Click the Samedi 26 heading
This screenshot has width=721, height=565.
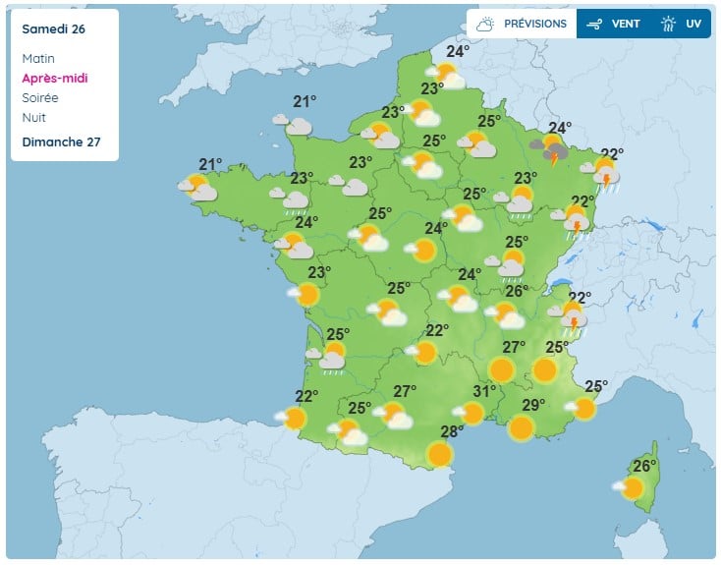tap(53, 28)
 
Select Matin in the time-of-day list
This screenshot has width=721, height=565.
tap(38, 59)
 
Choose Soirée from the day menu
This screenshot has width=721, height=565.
tap(40, 97)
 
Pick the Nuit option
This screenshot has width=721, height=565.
tap(33, 117)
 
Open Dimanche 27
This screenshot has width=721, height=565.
tap(61, 141)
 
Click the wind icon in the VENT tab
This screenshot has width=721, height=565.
tap(595, 24)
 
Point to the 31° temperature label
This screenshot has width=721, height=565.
tap(484, 391)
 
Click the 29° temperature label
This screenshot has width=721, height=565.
tap(533, 405)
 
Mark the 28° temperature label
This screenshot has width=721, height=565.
tap(452, 431)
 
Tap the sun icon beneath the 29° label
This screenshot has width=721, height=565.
tap(522, 427)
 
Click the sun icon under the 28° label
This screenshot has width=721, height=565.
tap(440, 454)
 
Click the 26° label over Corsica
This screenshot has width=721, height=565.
tap(644, 466)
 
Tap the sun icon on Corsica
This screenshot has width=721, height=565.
tap(632, 487)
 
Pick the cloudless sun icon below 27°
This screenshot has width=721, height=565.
tap(502, 369)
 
